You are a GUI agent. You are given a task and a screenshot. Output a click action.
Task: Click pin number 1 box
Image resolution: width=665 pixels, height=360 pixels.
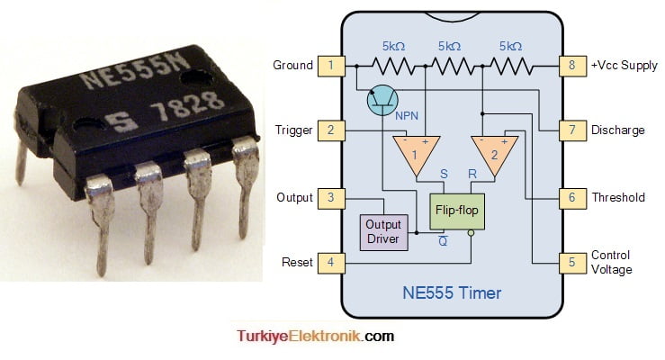(x=331, y=65)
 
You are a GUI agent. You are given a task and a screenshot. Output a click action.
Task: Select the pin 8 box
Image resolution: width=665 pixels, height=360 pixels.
(x=571, y=65)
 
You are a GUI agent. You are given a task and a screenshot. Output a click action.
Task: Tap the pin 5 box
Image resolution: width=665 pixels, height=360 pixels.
(x=571, y=263)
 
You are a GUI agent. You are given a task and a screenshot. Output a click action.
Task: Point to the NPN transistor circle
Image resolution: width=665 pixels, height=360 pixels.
(x=384, y=100)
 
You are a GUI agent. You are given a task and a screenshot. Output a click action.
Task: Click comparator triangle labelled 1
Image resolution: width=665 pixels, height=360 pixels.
(x=416, y=152)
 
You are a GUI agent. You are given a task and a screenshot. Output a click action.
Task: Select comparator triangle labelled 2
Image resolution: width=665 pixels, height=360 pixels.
(x=492, y=152)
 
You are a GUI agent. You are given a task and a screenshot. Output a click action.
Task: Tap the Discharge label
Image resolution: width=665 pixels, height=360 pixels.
(x=617, y=130)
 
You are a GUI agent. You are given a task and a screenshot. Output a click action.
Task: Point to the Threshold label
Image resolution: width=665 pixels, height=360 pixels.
(x=617, y=197)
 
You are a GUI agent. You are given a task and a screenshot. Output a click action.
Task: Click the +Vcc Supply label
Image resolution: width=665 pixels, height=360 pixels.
(x=624, y=65)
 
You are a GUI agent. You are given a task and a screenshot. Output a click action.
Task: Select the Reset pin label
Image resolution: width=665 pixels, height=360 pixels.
(x=297, y=263)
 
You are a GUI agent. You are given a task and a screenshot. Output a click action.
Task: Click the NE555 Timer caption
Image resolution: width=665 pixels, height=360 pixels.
(x=453, y=292)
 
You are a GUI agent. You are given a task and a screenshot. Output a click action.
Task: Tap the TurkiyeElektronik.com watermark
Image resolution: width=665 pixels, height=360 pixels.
(x=315, y=337)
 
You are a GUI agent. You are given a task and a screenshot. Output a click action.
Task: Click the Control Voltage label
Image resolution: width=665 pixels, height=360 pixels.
(x=611, y=263)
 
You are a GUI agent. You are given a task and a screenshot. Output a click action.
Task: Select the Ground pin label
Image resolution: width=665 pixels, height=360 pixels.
(x=292, y=65)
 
